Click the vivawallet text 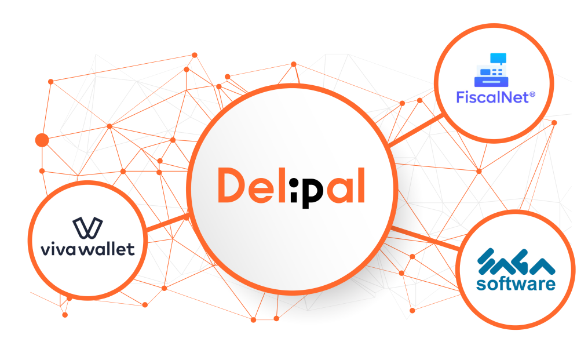(87, 249)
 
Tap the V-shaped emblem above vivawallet (87, 229)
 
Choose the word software (515, 284)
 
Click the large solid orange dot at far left (42, 140)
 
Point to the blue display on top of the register (498, 58)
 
